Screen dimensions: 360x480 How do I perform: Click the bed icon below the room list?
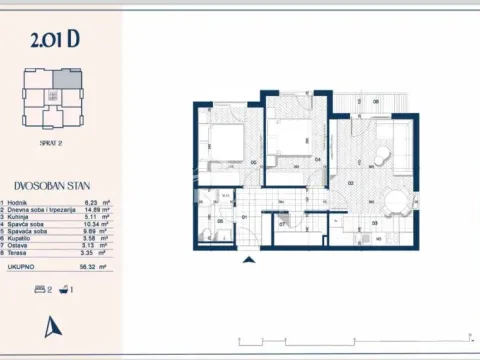40,287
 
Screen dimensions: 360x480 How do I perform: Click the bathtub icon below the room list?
64,287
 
